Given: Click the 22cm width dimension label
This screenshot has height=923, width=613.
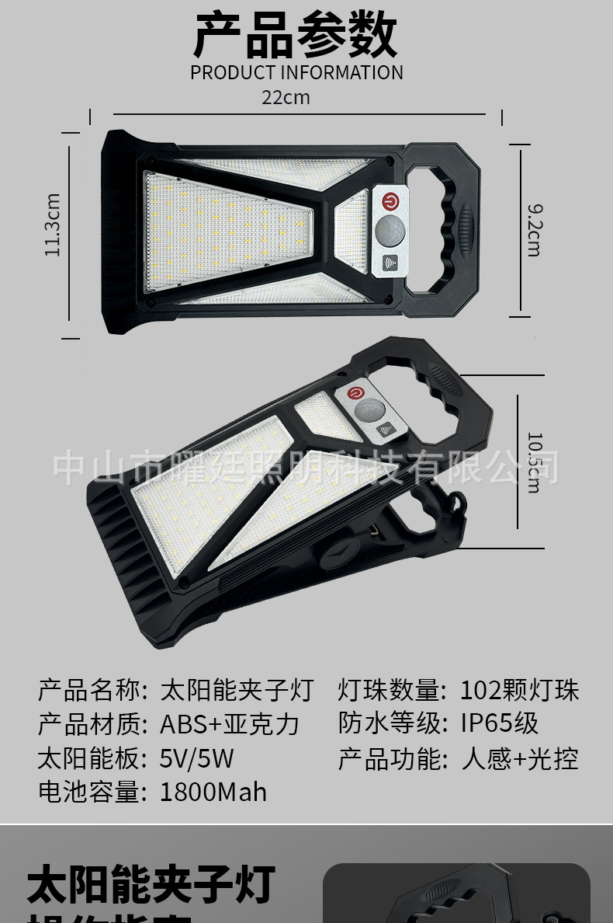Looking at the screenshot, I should click(x=285, y=98).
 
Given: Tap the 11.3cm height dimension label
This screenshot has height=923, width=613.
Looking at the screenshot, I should click(x=53, y=225).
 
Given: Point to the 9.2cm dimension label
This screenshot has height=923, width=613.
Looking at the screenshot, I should click(x=535, y=230).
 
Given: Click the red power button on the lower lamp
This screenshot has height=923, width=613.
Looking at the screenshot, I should click(x=356, y=394).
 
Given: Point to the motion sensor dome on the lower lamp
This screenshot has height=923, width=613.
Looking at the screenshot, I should click(x=372, y=409).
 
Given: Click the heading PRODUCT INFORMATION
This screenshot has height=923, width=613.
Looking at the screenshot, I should click(x=296, y=73).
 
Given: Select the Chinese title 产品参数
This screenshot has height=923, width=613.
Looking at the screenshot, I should click(x=295, y=35).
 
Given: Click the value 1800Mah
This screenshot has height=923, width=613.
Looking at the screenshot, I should click(x=213, y=792).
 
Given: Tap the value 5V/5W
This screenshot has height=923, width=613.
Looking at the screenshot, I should click(x=196, y=758).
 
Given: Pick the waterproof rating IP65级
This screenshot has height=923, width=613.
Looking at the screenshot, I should click(x=499, y=723).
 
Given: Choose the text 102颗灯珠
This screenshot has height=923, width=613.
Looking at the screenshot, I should click(x=519, y=690).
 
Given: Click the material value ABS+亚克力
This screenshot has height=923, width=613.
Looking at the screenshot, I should click(x=230, y=724).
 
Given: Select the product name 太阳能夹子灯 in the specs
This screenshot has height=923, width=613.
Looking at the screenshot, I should click(x=237, y=690).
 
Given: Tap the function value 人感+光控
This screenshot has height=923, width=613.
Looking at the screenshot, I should click(x=519, y=758).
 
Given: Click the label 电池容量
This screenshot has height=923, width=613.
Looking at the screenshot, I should click(x=92, y=792).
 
